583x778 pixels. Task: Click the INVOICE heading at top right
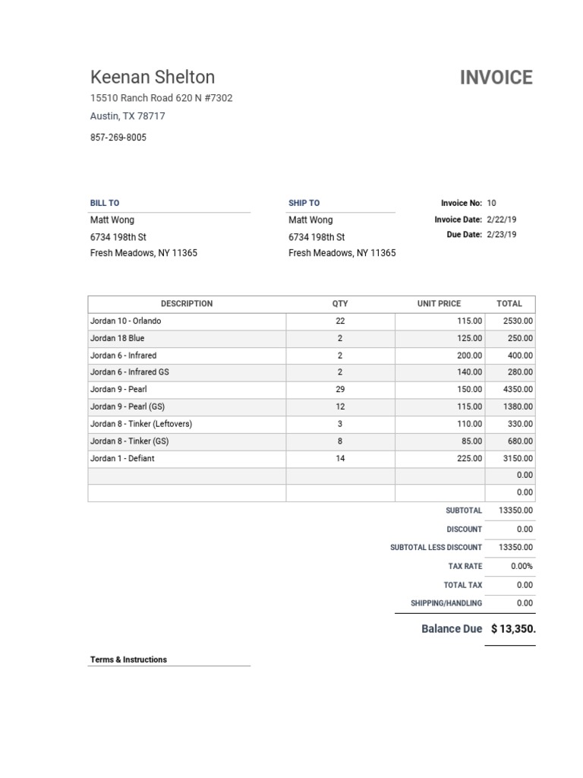(496, 77)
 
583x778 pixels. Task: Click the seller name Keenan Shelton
(153, 77)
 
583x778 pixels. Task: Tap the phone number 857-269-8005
(118, 138)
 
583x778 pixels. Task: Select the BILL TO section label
(105, 203)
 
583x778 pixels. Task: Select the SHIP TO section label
(304, 203)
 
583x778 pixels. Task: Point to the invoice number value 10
(491, 203)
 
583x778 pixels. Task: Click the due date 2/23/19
(501, 235)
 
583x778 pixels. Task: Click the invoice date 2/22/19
(501, 220)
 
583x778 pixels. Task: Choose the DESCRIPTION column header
(187, 303)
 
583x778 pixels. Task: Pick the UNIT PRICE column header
(439, 303)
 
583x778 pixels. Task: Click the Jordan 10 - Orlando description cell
(126, 321)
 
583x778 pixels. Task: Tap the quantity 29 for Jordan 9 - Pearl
(340, 389)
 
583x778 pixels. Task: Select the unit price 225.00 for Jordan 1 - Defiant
(469, 458)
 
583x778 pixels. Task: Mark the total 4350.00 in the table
(518, 389)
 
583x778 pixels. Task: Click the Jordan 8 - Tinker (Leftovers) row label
(141, 424)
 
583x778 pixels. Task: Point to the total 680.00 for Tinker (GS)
(520, 441)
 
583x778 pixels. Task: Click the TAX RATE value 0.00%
(522, 566)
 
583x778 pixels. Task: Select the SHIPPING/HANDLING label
(446, 603)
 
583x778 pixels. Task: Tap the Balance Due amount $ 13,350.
(513, 629)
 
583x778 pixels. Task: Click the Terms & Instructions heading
(128, 659)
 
